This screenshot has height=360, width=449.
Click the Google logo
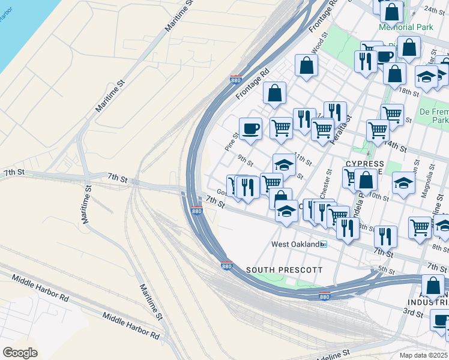point(20,353)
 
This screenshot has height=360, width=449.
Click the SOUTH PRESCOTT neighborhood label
point(284,270)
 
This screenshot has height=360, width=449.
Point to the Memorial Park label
point(405,27)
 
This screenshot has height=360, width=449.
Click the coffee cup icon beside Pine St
point(250,128)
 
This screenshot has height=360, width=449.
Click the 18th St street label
point(408,91)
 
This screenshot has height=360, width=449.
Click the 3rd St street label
point(412,313)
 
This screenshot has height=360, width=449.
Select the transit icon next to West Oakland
point(324,244)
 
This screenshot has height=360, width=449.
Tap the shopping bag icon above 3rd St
point(433,286)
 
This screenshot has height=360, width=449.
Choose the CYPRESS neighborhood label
point(364,164)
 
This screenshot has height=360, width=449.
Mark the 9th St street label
point(245,160)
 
